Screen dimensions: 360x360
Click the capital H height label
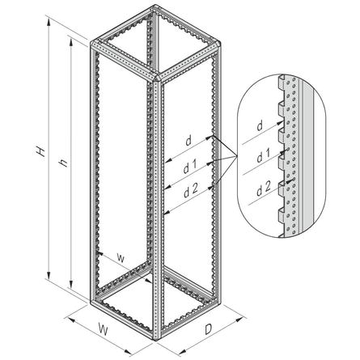(40, 152)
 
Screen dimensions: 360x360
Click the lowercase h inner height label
(63, 162)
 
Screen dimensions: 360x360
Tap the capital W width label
(103, 329)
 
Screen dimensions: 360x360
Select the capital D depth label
(209, 329)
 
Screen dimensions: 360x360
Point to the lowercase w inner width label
(121, 258)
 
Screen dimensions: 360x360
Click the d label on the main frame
(188, 141)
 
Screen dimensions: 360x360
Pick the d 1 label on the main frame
(191, 167)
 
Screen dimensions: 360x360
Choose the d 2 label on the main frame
(191, 191)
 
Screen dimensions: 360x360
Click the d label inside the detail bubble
(260, 126)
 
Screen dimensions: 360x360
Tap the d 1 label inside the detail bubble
(263, 157)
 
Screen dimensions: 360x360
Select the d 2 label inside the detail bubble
(263, 188)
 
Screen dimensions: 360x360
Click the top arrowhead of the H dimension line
(49, 22)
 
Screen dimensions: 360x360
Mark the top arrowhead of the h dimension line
(71, 42)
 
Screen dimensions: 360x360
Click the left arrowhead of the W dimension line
(70, 320)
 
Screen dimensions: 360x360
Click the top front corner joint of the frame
(157, 78)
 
